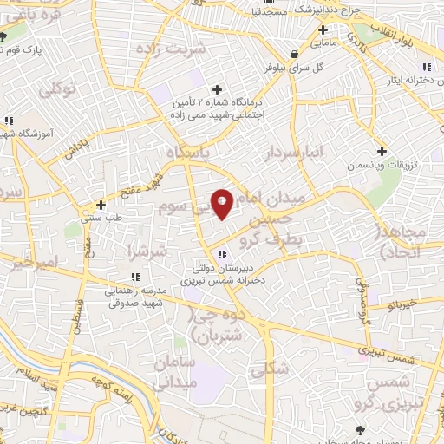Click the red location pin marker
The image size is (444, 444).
coord(222,204)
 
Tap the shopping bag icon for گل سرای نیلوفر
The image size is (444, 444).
coord(296,53)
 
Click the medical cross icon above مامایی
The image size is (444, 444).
coord(322,29)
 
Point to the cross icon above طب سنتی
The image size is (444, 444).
coord(101,206)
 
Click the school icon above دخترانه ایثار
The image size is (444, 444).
coord(425,67)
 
